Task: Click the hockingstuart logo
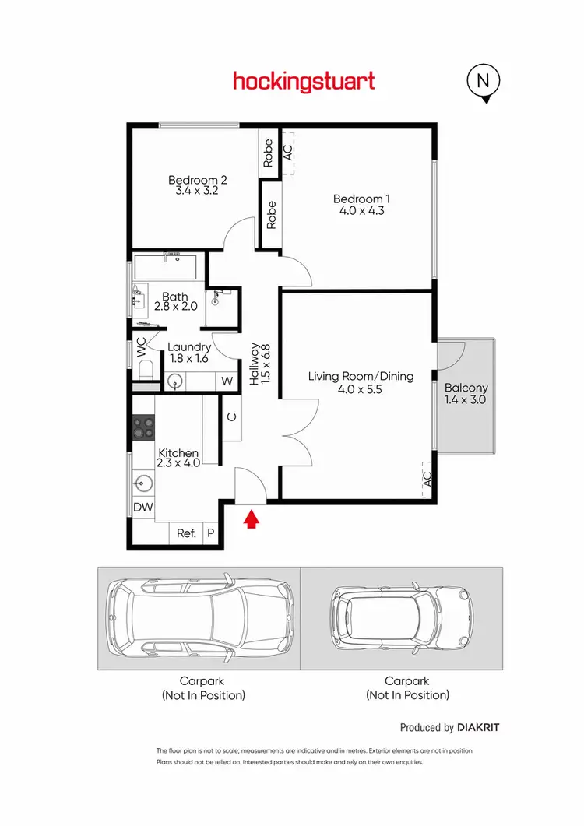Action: [x=304, y=81]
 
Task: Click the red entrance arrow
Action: [x=251, y=519]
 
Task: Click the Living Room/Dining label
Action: [x=361, y=377]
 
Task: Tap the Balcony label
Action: [x=466, y=388]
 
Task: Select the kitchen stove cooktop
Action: [x=143, y=427]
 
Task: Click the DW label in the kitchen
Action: [x=142, y=508]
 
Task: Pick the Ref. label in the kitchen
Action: [x=186, y=533]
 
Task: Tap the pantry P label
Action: [x=210, y=533]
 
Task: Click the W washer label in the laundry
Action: [x=227, y=381]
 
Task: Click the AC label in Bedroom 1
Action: [x=287, y=151]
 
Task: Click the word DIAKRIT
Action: [x=478, y=728]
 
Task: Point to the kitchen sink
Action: [x=142, y=483]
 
